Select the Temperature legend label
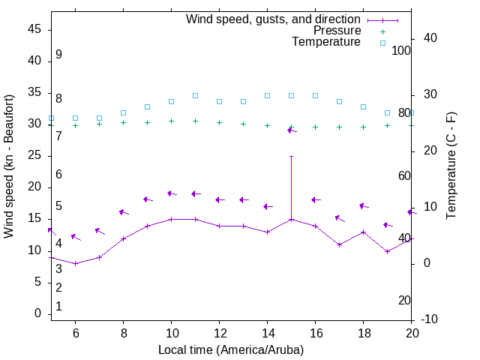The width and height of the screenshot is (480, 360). (326, 42)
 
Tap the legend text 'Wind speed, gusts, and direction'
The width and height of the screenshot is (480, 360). (274, 19)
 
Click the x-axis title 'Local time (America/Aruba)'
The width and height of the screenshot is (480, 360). (231, 349)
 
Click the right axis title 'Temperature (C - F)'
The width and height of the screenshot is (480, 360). (451, 166)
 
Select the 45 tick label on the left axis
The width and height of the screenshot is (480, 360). (34, 29)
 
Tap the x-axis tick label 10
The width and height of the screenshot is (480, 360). (171, 333)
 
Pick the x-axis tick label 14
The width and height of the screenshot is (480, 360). (267, 333)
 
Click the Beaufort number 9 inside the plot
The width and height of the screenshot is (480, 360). (58, 55)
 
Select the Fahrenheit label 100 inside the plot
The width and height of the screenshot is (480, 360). (401, 50)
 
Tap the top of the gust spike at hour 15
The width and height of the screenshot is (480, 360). (291, 156)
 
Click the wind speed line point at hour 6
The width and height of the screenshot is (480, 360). (75, 263)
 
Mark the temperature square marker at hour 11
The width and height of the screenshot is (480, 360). (195, 95)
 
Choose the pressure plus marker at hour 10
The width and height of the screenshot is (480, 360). (171, 121)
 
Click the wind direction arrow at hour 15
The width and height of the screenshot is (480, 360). (292, 130)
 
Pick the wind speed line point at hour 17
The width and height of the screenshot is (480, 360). (339, 244)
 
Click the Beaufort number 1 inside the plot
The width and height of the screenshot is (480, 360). (58, 307)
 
